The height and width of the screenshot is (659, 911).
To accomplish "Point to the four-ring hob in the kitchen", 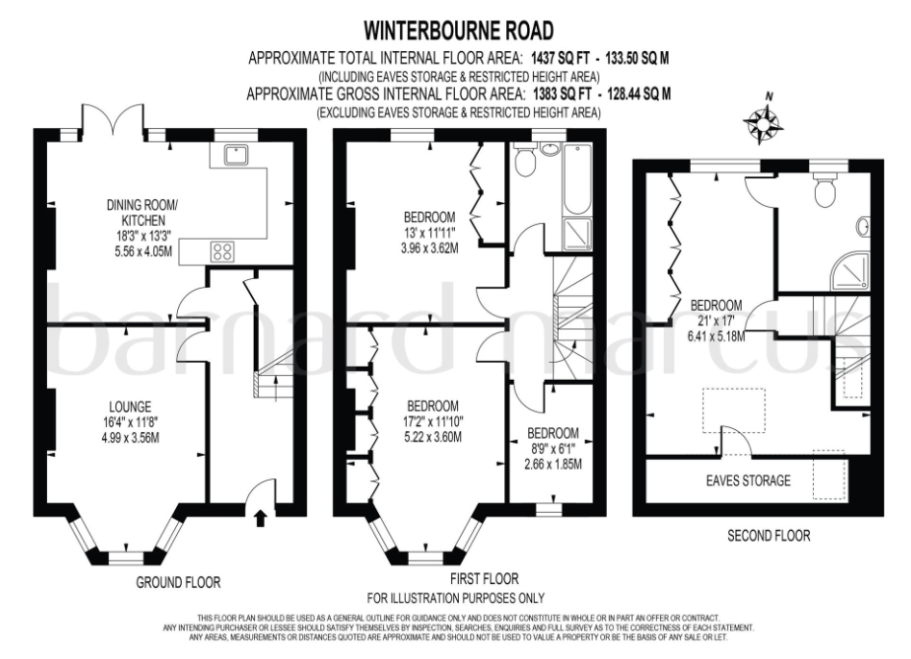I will point(223,251).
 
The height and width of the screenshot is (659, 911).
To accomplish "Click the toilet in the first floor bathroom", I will point(525,161).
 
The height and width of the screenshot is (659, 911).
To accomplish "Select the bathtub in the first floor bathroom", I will point(578,178).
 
